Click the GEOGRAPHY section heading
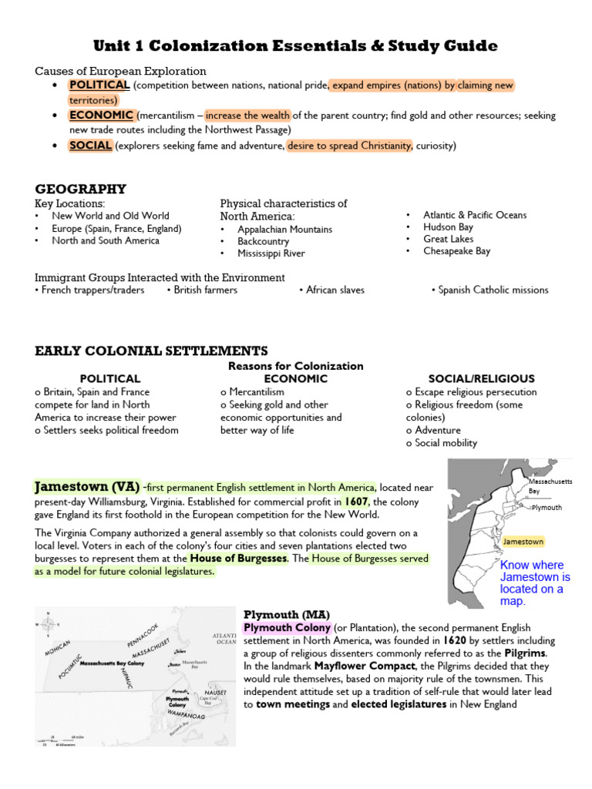(80, 189)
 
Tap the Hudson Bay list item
(448, 227)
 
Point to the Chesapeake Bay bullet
(456, 251)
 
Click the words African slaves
(335, 290)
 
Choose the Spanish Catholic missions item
(493, 290)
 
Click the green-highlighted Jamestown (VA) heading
(87, 487)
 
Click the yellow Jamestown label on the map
(523, 542)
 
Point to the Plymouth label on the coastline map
(546, 508)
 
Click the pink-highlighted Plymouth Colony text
(288, 628)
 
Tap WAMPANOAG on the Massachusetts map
(186, 716)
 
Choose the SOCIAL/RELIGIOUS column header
(470, 379)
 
